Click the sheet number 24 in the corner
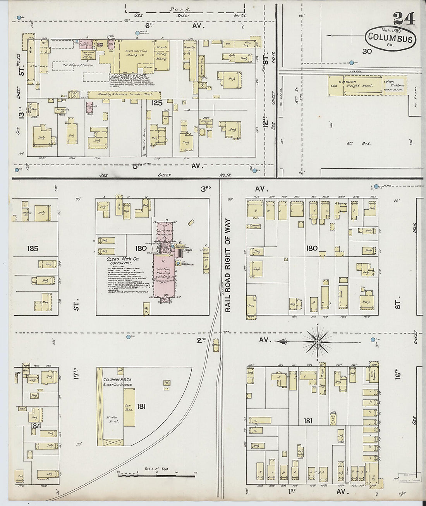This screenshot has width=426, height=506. click(404, 19)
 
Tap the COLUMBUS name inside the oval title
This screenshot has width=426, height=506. click(390, 38)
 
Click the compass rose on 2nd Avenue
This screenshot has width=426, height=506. click(317, 341)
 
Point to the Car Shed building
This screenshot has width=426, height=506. click(129, 407)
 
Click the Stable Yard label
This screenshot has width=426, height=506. click(112, 420)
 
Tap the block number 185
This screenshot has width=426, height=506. click(33, 248)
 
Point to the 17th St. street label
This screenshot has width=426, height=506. click(76, 376)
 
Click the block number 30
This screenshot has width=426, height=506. click(367, 51)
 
